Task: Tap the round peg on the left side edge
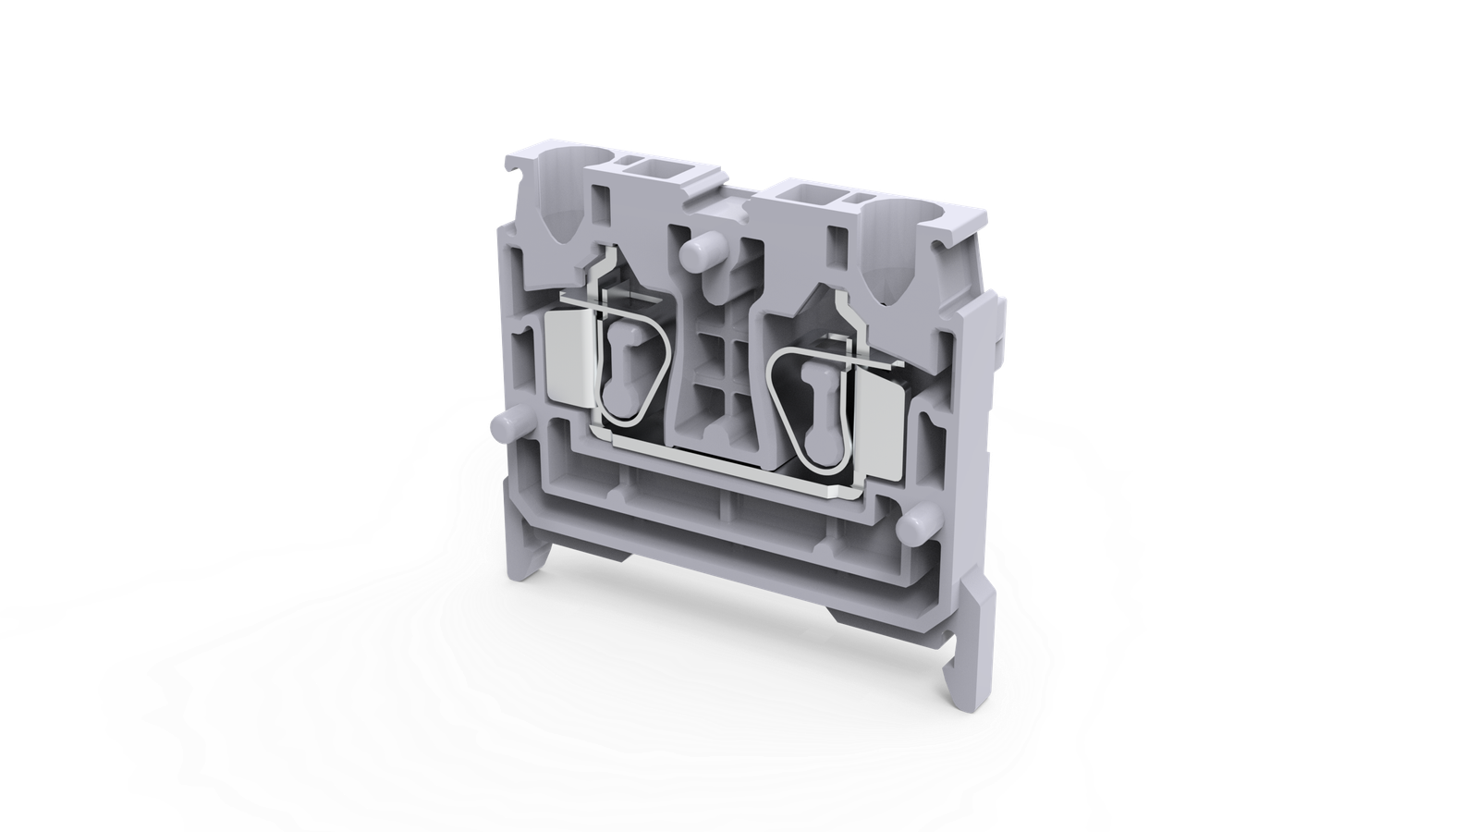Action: tap(505, 427)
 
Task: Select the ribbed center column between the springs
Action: tap(717, 370)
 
